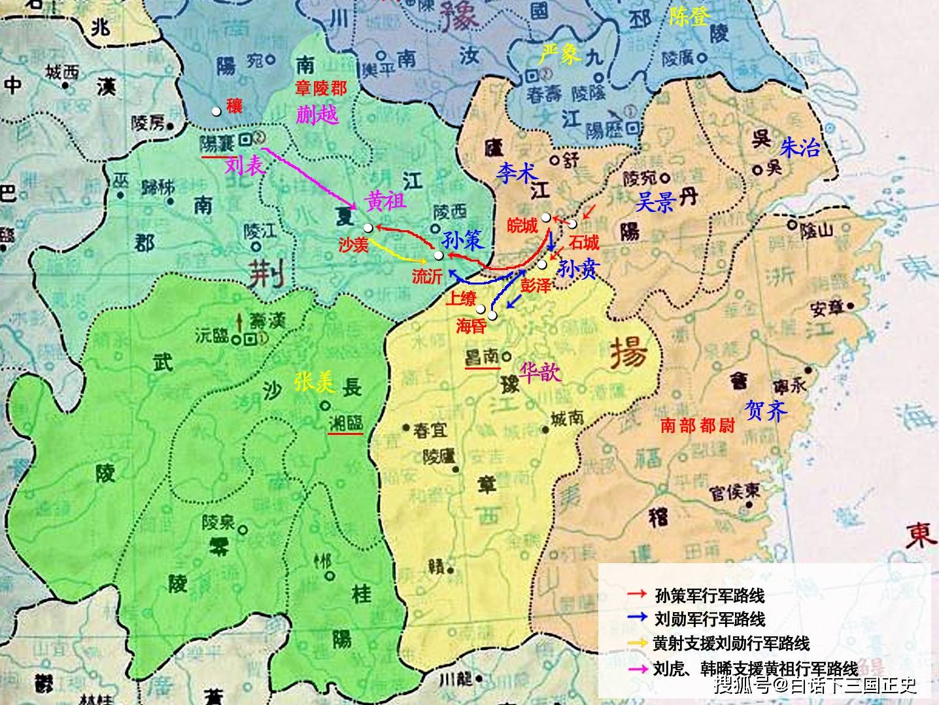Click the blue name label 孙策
[462, 241]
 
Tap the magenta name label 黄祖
[385, 201]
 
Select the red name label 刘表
[245, 165]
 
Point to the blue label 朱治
[799, 148]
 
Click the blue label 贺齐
[766, 410]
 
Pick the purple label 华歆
[540, 372]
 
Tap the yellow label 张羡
[314, 382]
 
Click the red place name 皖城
[522, 226]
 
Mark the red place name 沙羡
[354, 245]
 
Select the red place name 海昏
[471, 326]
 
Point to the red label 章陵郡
[320, 88]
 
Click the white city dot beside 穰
[216, 112]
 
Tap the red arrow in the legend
[637, 595]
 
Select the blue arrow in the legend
[637, 618]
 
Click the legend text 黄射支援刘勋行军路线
[731, 644]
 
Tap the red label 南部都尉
[698, 426]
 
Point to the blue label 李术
[517, 173]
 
